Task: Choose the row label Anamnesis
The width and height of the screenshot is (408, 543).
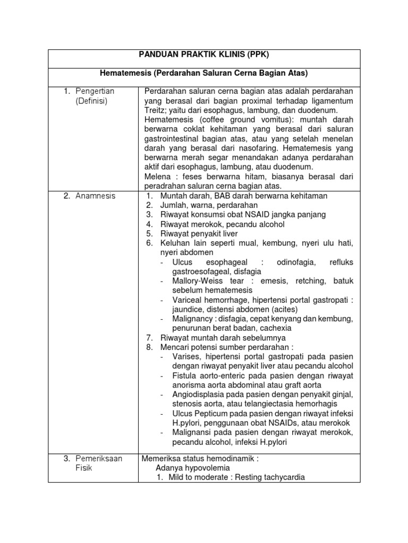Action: (96, 196)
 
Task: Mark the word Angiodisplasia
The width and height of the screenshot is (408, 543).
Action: (200, 395)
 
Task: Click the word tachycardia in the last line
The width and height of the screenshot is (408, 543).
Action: (285, 477)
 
